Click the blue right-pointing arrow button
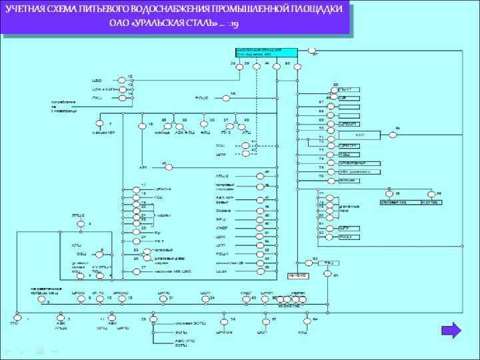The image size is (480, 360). click(x=451, y=331)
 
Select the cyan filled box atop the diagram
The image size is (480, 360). click(x=266, y=52)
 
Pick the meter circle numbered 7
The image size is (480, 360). click(x=101, y=124)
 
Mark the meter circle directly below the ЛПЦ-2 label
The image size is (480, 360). click(x=80, y=225)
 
